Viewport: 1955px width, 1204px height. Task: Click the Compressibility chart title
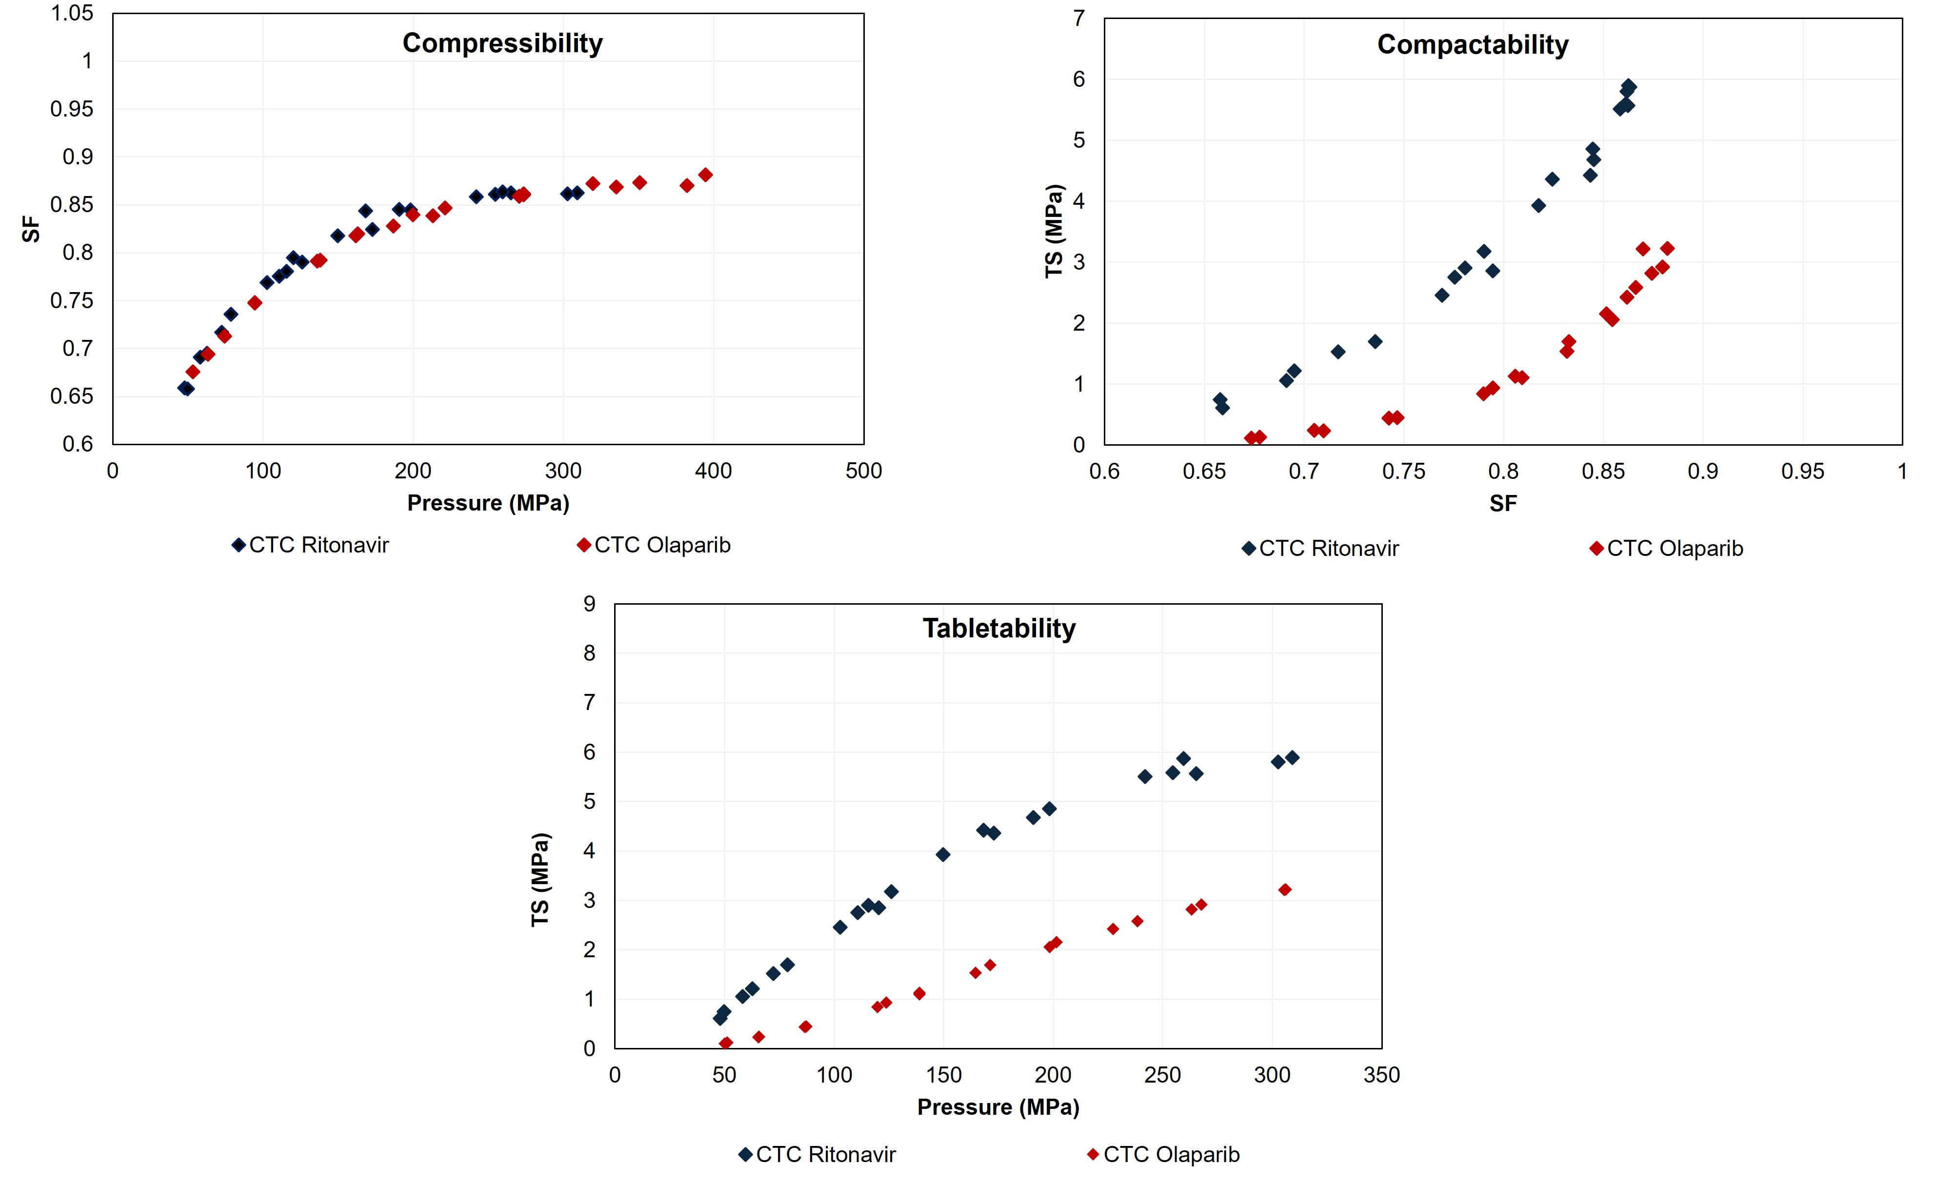pos(502,43)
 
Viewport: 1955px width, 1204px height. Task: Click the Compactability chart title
pos(1473,44)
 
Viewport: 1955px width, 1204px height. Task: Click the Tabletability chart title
pos(998,628)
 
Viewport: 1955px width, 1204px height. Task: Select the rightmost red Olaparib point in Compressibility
pos(705,175)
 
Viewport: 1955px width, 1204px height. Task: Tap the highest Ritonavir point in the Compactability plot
pos(1629,86)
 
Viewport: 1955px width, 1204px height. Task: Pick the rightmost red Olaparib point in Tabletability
pos(1284,889)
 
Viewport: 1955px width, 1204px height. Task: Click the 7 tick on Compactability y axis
pos(1079,19)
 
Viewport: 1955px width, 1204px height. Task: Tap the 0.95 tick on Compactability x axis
pos(1802,472)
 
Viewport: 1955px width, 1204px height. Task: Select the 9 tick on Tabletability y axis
pos(589,604)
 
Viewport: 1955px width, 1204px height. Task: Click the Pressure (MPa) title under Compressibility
pos(488,503)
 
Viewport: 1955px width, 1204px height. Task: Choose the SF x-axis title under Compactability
pos(1503,503)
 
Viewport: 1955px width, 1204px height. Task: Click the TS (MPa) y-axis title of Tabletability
pos(541,880)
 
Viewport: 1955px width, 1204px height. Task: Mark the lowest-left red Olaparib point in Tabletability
pos(725,1043)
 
